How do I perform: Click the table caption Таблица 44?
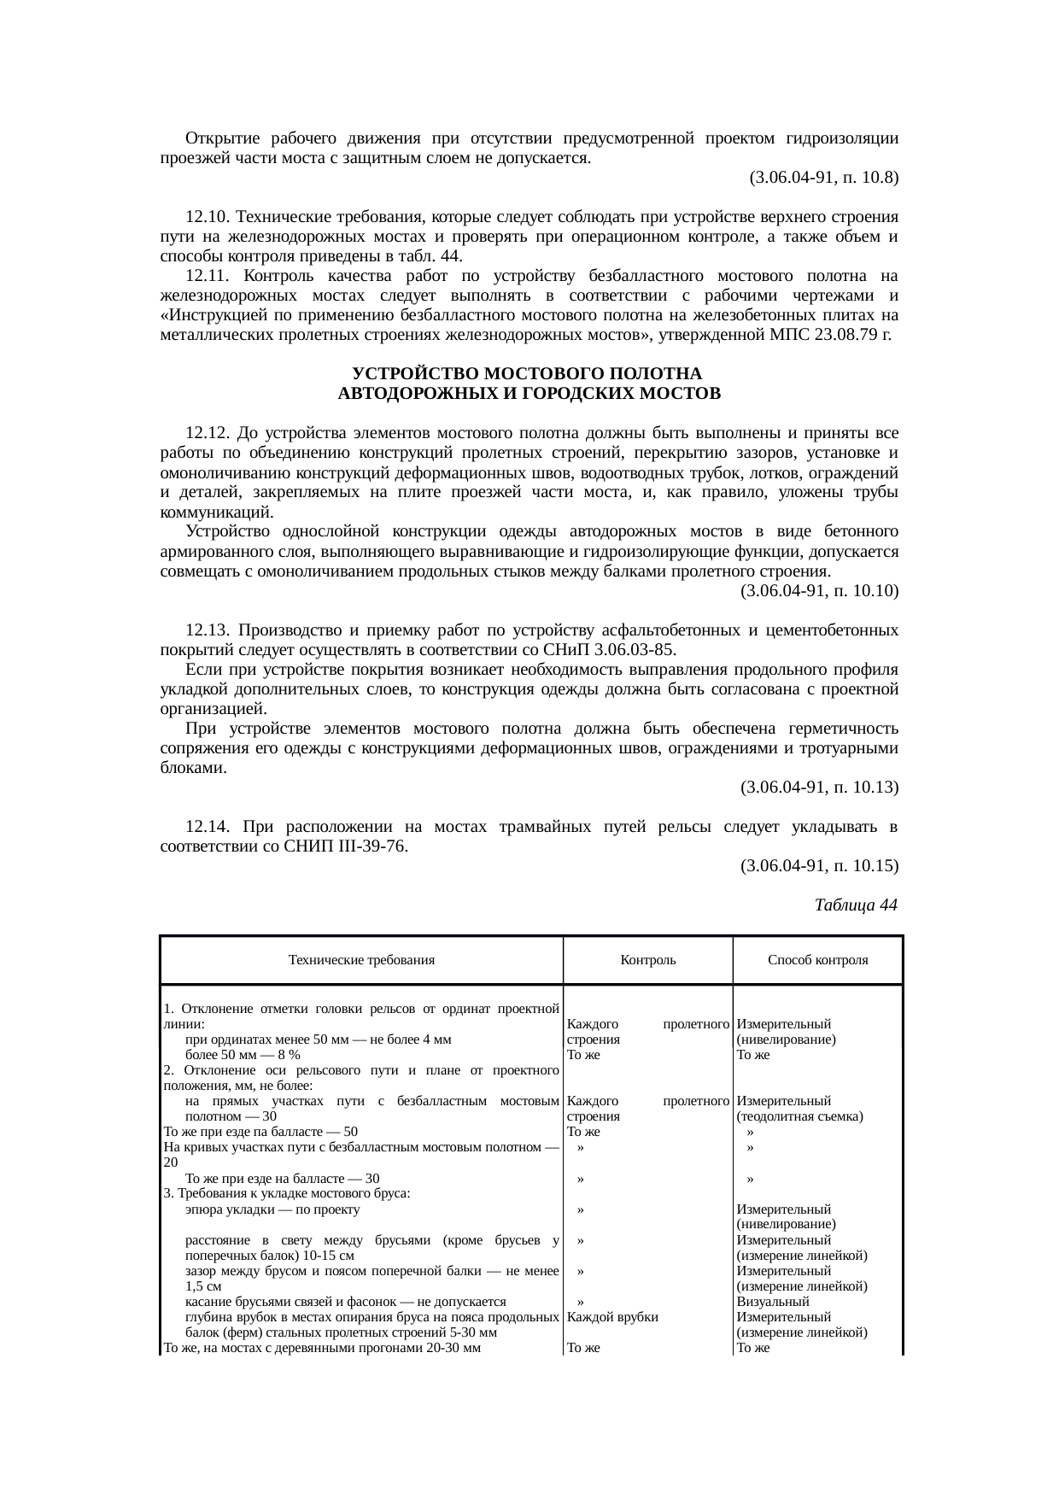coord(856,905)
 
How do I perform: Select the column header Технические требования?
coord(361,960)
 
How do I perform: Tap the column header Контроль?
coord(647,960)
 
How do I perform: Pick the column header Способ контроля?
coord(817,960)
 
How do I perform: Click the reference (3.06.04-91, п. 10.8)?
coord(823,178)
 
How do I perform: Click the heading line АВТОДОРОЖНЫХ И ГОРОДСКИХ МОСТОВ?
coord(529,394)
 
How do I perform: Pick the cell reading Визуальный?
coord(772,1302)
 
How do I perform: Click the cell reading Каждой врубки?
coord(612,1317)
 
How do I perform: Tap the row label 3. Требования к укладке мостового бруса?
coord(287,1193)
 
